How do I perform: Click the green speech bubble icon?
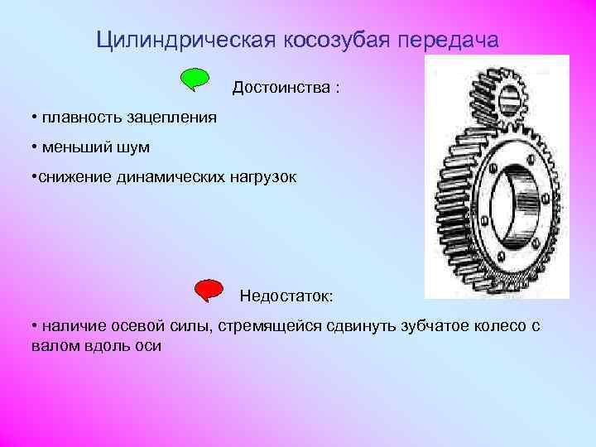195,79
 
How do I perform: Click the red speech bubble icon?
209,291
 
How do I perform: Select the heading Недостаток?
286,296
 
